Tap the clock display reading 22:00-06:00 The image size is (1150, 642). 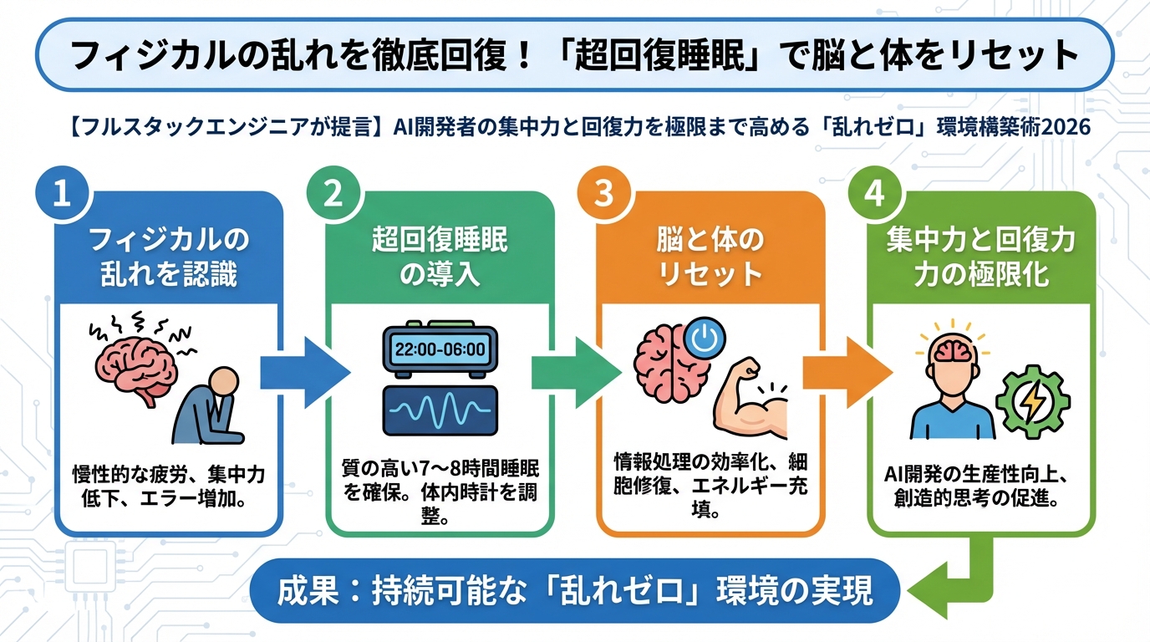pyautogui.click(x=439, y=349)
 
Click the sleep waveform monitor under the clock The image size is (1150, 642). pyautogui.click(x=439, y=409)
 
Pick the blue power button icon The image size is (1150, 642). pyautogui.click(x=704, y=339)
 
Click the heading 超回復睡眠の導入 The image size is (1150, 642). pyautogui.click(x=439, y=258)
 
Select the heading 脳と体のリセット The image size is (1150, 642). pyautogui.click(x=710, y=258)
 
